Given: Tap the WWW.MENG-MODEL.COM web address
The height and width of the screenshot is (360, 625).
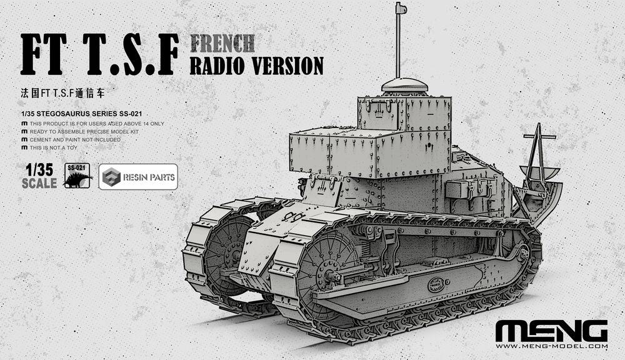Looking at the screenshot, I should tap(551, 346).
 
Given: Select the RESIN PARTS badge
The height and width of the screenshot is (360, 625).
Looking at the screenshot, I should tap(137, 177).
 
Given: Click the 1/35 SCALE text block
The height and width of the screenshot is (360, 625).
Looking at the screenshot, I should tap(39, 176).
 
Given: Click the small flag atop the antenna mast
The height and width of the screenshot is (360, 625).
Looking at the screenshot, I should tap(400, 8).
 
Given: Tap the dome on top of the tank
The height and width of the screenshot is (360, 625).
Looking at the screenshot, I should tap(404, 86).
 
